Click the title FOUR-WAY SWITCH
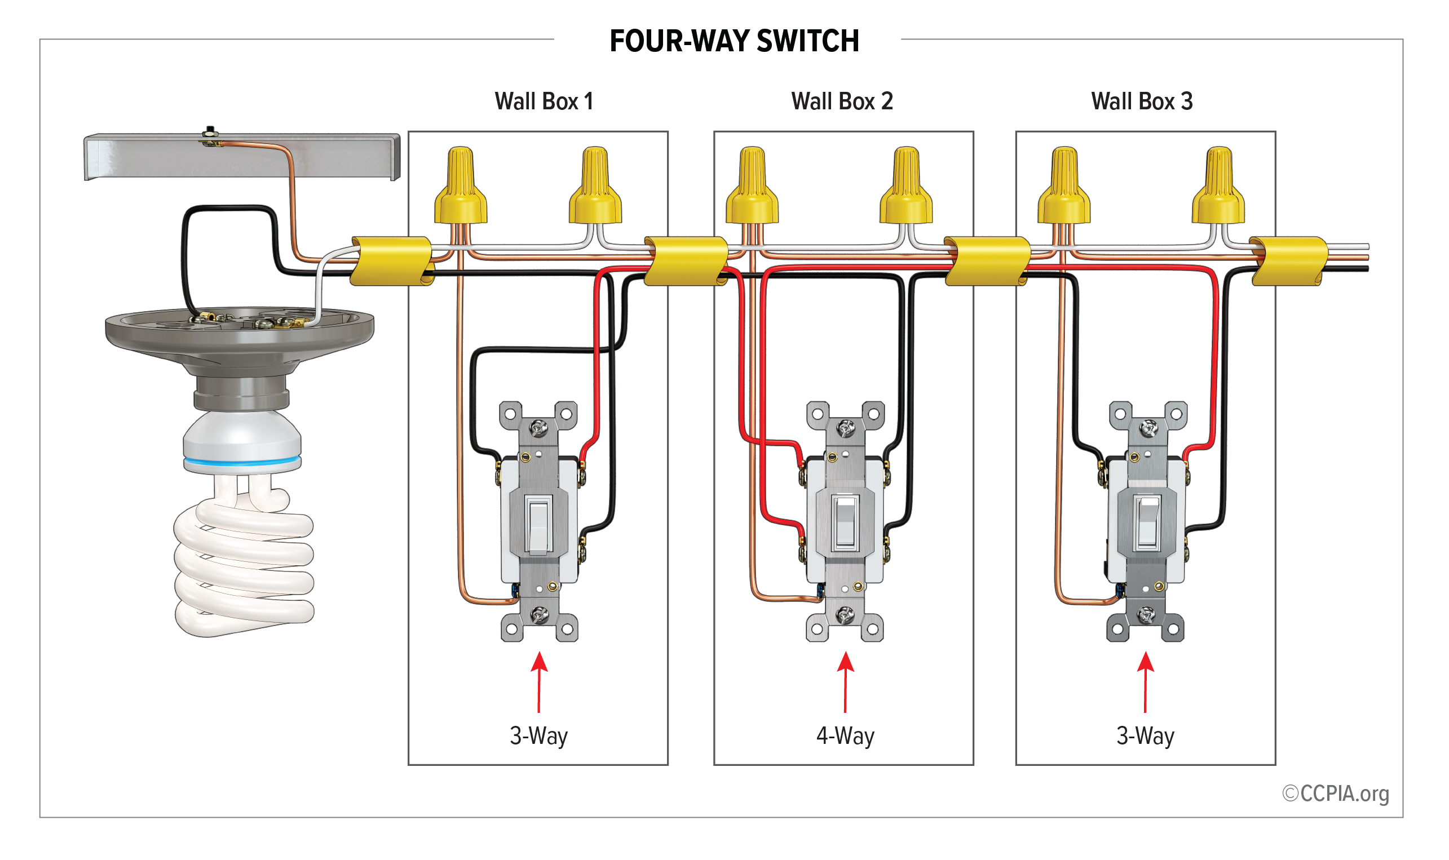734,41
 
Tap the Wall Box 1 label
544,101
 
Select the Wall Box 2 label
842,101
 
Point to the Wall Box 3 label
1141,101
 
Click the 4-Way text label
845,736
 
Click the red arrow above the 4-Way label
845,681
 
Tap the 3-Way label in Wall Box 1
538,736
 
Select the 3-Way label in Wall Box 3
1145,736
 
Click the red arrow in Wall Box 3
1145,681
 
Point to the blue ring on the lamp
242,462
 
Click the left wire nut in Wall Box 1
460,187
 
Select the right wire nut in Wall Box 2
906,187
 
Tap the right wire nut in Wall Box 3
1218,187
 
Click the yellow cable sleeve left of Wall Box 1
391,261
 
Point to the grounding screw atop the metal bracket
210,132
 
